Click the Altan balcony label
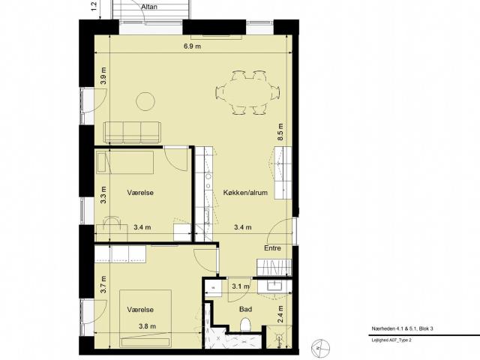(149, 7)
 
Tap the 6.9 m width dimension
(192, 46)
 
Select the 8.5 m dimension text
(280, 132)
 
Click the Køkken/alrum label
(245, 193)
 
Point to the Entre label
(272, 248)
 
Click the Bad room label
(245, 309)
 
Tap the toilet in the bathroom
(245, 325)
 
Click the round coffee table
(145, 101)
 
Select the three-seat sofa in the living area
(132, 132)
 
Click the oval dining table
(247, 93)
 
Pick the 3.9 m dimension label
(104, 76)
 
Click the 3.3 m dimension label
(103, 195)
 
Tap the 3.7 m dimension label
(103, 285)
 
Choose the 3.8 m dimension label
(147, 326)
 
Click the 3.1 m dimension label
(241, 286)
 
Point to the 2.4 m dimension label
(280, 314)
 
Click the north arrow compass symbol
(320, 348)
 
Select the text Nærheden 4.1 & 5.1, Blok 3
(402, 328)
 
